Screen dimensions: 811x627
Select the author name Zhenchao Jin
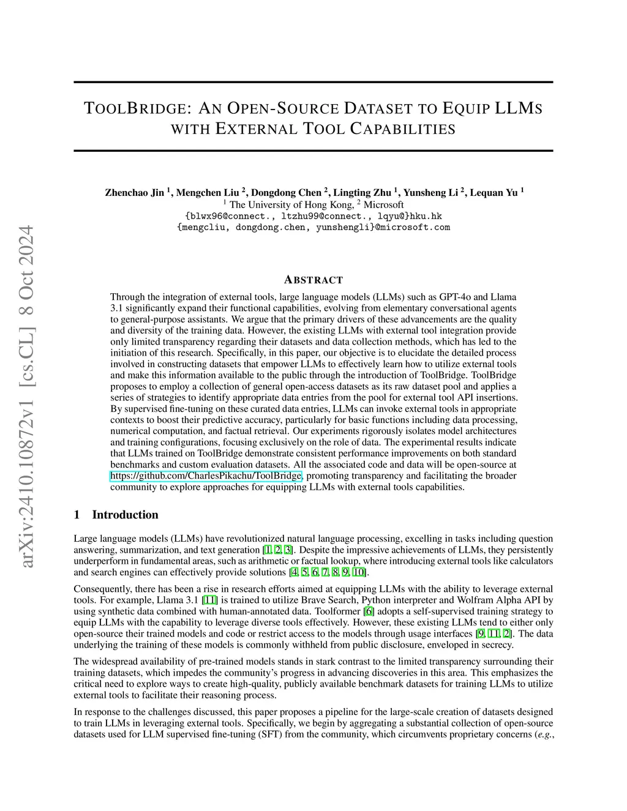[x=135, y=192]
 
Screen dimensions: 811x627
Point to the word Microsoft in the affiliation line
[x=383, y=204]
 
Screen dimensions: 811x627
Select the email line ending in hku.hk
[x=313, y=215]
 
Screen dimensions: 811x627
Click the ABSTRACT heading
[x=313, y=280]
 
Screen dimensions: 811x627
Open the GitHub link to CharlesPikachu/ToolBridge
[x=206, y=476]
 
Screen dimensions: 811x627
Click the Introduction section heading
[x=125, y=514]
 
